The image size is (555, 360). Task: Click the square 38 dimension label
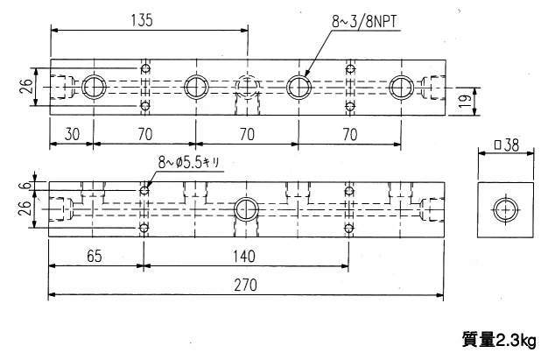(504, 146)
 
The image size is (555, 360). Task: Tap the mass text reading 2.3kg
(498, 339)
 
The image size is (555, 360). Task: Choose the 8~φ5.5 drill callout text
(193, 162)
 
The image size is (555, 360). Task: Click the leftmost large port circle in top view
(93, 86)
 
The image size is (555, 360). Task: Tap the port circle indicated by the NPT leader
(299, 86)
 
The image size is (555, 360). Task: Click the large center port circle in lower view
(246, 210)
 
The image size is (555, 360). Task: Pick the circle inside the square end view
(505, 210)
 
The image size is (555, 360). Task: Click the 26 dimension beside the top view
(25, 86)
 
